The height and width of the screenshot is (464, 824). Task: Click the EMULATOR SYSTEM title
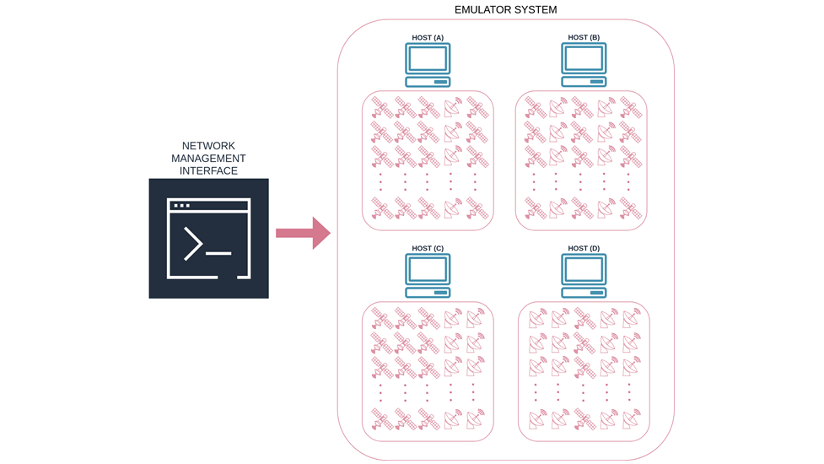click(x=505, y=10)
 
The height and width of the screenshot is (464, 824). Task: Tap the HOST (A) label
click(x=428, y=38)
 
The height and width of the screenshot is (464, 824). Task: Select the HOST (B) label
click(x=584, y=38)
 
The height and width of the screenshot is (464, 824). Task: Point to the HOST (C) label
click(x=428, y=249)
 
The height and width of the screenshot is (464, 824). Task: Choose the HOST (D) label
click(x=584, y=249)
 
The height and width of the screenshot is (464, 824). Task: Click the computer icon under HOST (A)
click(x=428, y=65)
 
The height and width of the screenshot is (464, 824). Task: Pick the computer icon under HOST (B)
click(x=584, y=65)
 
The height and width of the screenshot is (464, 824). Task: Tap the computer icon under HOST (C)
click(x=428, y=276)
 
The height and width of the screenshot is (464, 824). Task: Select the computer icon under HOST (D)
click(x=584, y=276)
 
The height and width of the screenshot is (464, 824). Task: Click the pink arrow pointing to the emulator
click(x=303, y=233)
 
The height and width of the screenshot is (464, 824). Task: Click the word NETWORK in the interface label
click(x=208, y=146)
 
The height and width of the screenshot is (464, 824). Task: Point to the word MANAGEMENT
click(x=208, y=159)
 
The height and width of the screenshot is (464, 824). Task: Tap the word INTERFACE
click(x=208, y=171)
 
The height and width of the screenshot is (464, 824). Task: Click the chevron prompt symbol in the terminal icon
click(x=193, y=244)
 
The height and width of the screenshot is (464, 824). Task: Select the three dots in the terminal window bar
click(x=181, y=206)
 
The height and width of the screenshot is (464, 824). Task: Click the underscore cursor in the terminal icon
click(x=218, y=253)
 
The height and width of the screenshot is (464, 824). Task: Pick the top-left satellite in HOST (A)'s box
click(x=382, y=109)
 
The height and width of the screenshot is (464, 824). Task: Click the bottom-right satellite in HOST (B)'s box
click(x=630, y=208)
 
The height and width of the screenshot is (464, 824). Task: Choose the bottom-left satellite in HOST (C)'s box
click(x=382, y=419)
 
